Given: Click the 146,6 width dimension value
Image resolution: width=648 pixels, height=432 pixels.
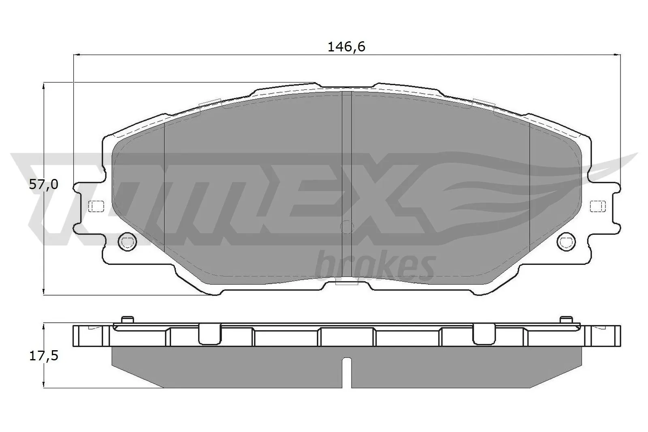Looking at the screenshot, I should pos(346,47).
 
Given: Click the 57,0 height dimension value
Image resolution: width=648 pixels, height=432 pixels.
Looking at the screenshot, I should pos(44,185).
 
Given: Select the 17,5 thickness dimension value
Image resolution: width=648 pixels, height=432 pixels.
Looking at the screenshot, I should pos(44,356).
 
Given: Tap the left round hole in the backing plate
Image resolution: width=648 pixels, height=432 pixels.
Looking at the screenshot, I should pos(127,242).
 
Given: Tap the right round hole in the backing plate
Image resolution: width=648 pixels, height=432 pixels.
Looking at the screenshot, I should pos(566,242).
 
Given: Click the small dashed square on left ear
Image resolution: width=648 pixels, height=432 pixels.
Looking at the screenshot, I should pos(96,206).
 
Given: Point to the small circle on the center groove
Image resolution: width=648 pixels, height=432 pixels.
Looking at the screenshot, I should pos(347,227).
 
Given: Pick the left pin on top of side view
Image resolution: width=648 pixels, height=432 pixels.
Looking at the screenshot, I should pos(127,319).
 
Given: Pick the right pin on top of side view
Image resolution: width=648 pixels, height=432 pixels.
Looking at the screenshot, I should pos(566,319).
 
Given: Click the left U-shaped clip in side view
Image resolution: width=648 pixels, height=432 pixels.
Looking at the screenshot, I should pos(210,334).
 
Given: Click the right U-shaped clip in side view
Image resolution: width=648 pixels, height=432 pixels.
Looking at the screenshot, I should pos(484,334).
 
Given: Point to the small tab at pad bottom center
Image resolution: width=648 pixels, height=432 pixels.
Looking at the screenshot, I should pos(347,283).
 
